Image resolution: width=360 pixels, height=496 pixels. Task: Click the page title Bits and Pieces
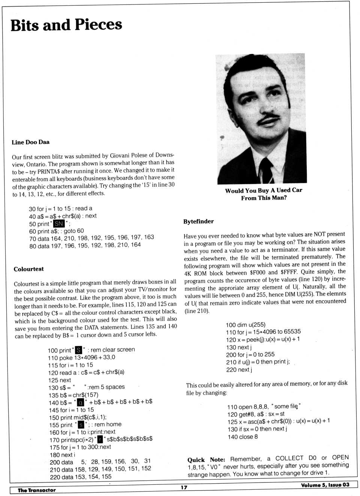tap(66, 25)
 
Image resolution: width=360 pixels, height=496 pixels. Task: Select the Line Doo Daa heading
tap(30, 142)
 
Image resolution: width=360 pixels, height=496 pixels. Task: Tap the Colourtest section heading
tap(28, 269)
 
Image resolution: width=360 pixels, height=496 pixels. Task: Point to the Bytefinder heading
tap(198, 222)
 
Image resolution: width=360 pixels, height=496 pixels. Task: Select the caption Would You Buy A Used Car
tap(264, 190)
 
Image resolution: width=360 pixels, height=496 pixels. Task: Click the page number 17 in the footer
tap(184, 487)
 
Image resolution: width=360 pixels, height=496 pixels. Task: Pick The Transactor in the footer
tap(36, 490)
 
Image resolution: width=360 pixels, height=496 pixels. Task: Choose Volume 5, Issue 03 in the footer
tap(325, 485)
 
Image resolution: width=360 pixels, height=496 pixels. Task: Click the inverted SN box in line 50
tap(59, 224)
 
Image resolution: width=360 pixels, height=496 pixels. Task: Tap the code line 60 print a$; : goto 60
tap(56, 231)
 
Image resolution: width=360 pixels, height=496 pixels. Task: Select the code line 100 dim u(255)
tap(245, 325)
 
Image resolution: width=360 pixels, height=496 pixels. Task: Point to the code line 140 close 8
tap(243, 437)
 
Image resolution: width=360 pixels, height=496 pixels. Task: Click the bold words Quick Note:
tap(206, 460)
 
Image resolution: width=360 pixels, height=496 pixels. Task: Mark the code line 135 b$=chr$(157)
tap(73, 395)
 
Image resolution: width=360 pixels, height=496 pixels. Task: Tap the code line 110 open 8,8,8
tap(264, 406)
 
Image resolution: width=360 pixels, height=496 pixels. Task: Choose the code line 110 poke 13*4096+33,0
tap(81, 358)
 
